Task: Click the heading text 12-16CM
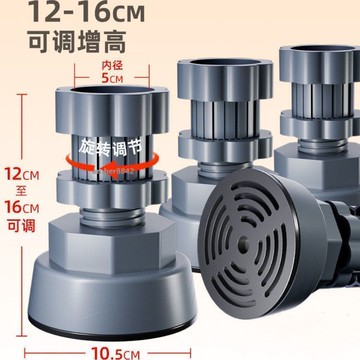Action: (x=87, y=12)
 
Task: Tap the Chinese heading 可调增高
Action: (x=77, y=42)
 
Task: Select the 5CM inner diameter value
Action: (x=112, y=78)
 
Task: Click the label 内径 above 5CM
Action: (x=112, y=65)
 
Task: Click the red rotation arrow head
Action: (x=107, y=167)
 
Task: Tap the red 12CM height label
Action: (x=22, y=174)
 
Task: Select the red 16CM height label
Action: (x=22, y=208)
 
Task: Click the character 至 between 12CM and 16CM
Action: (x=21, y=191)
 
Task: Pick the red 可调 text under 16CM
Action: (x=21, y=226)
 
